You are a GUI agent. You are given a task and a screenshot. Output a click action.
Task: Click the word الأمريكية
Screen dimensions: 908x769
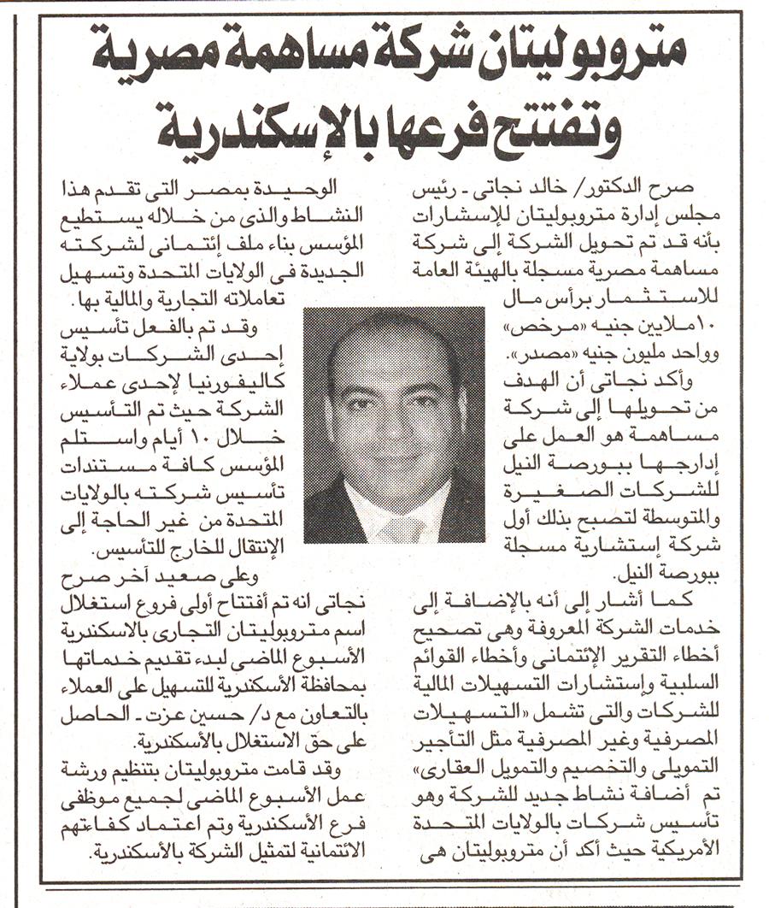tap(684, 850)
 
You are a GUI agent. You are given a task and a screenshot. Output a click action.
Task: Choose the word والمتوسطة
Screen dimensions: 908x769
tap(667, 514)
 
